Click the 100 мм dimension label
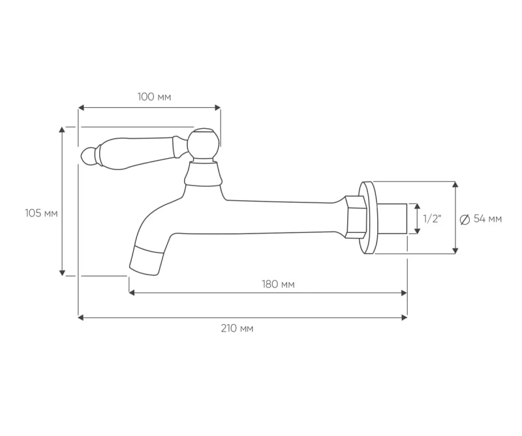pyautogui.click(x=154, y=97)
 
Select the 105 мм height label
pyautogui.click(x=41, y=213)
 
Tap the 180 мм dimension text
pyautogui.click(x=279, y=284)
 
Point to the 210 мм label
pyautogui.click(x=237, y=329)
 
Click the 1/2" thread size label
pyautogui.click(x=432, y=219)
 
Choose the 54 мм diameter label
pyautogui.click(x=487, y=219)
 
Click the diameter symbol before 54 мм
pyautogui.click(x=465, y=220)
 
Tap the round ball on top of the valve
pyautogui.click(x=203, y=143)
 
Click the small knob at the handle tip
pyautogui.click(x=88, y=156)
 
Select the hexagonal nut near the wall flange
pyautogui.click(x=356, y=217)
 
